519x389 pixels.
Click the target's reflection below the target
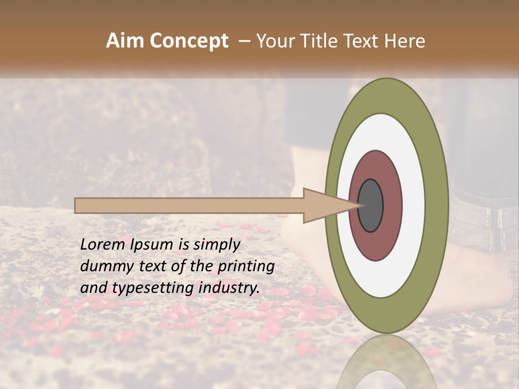click(387, 367)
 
